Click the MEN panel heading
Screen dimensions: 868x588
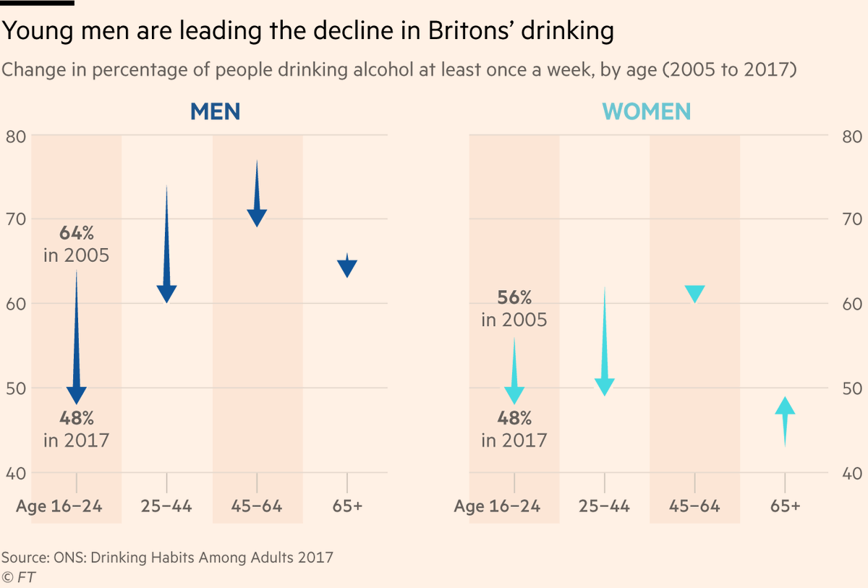coord(215,111)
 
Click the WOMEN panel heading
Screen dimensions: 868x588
coord(647,111)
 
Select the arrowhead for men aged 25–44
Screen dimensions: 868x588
coord(166,294)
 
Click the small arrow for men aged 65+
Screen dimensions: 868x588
coord(346,265)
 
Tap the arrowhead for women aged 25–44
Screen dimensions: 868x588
coord(605,387)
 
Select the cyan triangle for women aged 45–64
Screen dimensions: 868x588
coord(695,294)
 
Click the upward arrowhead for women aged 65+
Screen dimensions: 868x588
coord(785,405)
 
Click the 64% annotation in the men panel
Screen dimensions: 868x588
coord(77,233)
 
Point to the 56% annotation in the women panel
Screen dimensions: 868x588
coord(514,297)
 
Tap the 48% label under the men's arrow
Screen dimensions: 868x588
coord(77,418)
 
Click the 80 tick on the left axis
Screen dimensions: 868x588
coord(16,137)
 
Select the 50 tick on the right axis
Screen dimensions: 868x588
coord(852,388)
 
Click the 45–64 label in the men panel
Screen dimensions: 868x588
coord(257,506)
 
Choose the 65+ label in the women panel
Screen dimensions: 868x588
coord(785,506)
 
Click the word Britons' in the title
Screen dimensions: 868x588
coord(470,30)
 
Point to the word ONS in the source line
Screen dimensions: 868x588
coord(69,558)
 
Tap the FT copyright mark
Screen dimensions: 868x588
coord(18,578)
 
